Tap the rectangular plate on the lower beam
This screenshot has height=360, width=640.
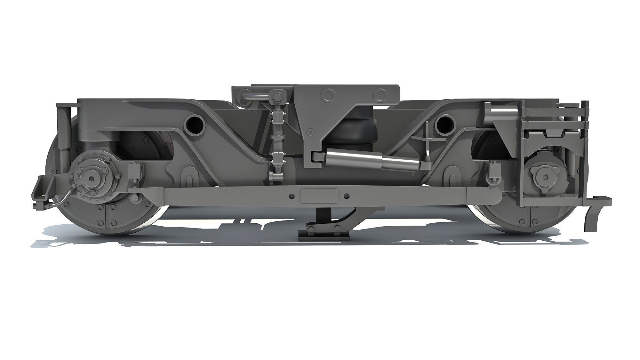[x=319, y=196]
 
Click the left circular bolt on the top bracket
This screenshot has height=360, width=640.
[x=327, y=95]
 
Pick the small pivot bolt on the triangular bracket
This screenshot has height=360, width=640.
[x=310, y=132]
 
